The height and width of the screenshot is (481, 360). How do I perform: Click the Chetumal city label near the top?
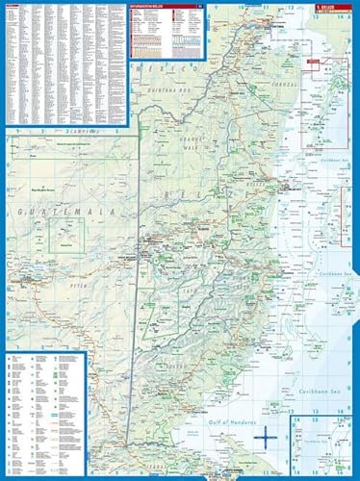(258, 57)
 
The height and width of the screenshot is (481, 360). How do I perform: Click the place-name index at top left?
(63, 63)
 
